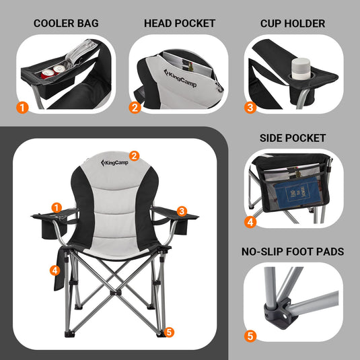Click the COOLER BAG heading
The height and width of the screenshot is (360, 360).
tap(67, 24)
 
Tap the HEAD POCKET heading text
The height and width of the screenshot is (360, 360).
tap(180, 24)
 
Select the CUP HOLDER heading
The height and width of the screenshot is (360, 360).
tap(293, 24)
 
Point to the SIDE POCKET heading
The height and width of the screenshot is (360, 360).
tap(293, 138)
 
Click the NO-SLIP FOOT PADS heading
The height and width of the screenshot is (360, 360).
tap(293, 252)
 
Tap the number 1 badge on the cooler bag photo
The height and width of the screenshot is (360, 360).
tap(22, 107)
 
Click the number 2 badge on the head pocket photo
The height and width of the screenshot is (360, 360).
tap(135, 107)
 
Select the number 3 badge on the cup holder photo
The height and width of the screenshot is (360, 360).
tap(250, 107)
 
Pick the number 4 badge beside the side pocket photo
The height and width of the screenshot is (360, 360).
tap(250, 221)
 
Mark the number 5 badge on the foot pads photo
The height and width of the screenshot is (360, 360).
tap(250, 336)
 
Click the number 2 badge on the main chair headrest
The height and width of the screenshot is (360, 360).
tap(134, 156)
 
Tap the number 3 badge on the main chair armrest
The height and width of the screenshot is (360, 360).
tap(182, 211)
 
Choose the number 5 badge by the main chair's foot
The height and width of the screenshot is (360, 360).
tap(169, 332)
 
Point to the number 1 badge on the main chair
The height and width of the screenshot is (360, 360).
tap(57, 207)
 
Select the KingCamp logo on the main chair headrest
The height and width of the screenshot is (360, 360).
tap(113, 163)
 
